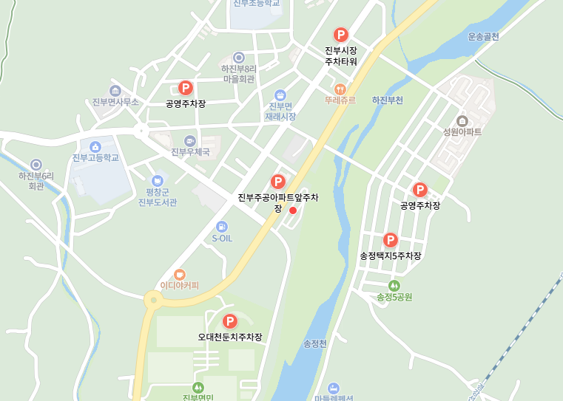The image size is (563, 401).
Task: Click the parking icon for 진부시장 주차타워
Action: click(340, 34)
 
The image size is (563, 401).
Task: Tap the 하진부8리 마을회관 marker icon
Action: click(238, 57)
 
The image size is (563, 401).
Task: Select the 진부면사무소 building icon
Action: click(115, 91)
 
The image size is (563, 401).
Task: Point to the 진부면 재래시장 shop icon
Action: click(280, 95)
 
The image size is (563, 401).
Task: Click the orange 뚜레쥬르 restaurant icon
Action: click(340, 88)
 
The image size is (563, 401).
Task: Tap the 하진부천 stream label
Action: click(387, 100)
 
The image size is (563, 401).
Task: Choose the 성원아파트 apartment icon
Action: click(462, 120)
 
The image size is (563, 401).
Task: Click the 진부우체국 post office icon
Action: click(190, 140)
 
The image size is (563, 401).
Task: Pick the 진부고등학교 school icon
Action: click(95, 145)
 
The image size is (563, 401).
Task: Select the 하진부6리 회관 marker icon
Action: click(36, 164)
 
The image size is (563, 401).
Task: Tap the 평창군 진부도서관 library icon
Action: click(157, 180)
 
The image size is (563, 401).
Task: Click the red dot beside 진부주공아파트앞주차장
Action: click(293, 210)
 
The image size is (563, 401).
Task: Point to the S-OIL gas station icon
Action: click(221, 227)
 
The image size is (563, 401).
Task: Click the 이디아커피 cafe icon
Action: click(180, 274)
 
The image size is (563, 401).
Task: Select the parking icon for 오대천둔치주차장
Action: click(229, 321)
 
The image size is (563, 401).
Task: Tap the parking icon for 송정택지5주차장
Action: click(390, 240)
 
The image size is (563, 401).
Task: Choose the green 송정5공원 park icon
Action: click(394, 285)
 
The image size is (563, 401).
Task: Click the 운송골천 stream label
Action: click(483, 36)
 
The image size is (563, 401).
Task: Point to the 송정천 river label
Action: click(314, 343)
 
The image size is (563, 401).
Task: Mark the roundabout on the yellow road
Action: click(153, 299)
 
